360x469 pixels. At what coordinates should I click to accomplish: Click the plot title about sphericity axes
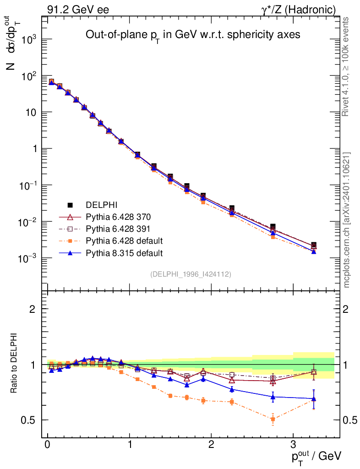[x=193, y=35]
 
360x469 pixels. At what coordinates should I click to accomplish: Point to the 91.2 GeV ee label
[x=78, y=9]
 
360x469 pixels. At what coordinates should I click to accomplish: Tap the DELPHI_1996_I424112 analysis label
[x=190, y=274]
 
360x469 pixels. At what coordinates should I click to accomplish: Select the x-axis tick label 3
[x=294, y=445]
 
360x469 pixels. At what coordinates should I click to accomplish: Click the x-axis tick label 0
[x=48, y=445]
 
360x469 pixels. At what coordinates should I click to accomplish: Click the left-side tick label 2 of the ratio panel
[x=33, y=309]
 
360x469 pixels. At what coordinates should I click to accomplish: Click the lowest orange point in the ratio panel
[x=273, y=419]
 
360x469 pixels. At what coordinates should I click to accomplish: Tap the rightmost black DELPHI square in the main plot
[x=314, y=245]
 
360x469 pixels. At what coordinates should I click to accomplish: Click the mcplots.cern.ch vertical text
[x=347, y=220]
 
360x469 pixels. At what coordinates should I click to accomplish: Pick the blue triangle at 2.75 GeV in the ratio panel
[x=273, y=397]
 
